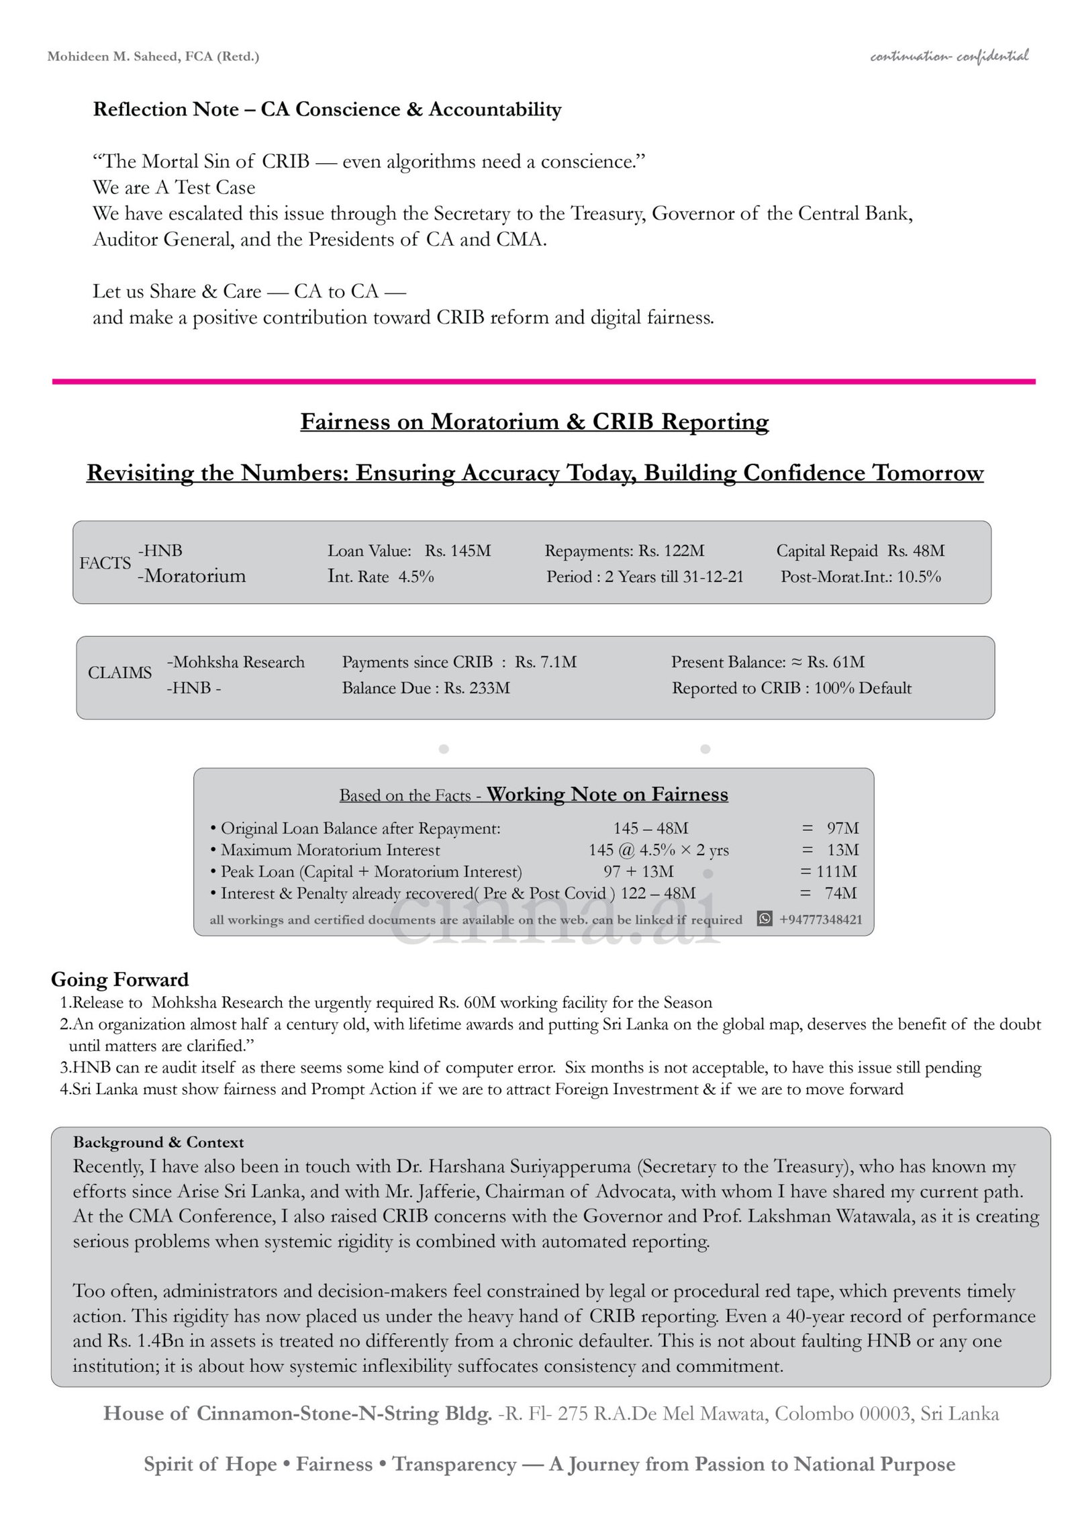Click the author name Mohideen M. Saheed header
[x=153, y=56]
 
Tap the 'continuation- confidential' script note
[x=948, y=56]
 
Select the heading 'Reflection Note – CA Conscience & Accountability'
[x=327, y=109]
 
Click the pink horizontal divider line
[x=544, y=381]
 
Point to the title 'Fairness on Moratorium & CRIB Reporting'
[x=534, y=422]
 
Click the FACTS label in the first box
[x=105, y=562]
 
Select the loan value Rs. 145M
[x=458, y=551]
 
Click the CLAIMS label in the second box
[x=119, y=673]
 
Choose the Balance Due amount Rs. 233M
[x=477, y=688]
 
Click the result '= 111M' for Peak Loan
[x=828, y=871]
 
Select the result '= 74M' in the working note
[x=830, y=893]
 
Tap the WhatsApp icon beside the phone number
[x=764, y=919]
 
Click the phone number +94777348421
[x=820, y=920]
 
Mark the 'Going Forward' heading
[x=119, y=979]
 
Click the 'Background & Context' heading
[x=158, y=1142]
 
